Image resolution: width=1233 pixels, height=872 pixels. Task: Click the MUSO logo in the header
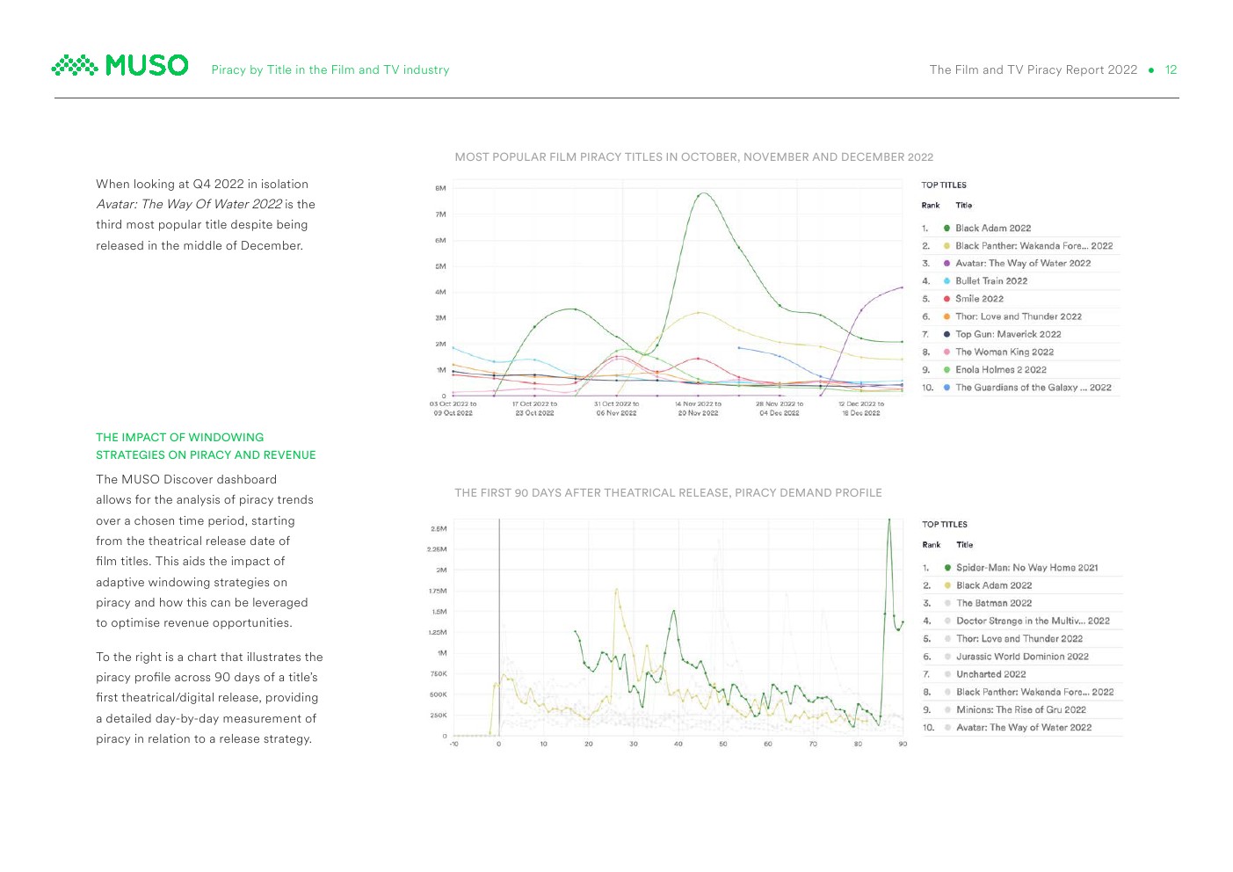coord(120,66)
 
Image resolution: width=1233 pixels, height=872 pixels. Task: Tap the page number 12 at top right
coord(1171,70)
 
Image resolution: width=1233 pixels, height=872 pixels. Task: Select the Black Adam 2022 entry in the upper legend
coord(992,229)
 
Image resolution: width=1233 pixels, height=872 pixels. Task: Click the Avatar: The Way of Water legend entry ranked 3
coord(1022,264)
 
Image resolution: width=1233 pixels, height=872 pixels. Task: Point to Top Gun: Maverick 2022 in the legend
coord(1007,334)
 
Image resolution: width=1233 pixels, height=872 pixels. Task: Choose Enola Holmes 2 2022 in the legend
coord(1000,370)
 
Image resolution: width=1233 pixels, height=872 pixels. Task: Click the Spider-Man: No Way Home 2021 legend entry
coord(1026,568)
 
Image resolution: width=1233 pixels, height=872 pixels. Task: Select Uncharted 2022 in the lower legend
coord(990,674)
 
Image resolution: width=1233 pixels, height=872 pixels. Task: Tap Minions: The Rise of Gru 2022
coord(1020,709)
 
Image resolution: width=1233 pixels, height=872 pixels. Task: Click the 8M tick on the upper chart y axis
coord(440,188)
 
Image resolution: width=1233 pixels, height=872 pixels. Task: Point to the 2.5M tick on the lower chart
coord(438,529)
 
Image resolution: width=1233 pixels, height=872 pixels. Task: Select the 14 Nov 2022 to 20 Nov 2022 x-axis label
coord(698,409)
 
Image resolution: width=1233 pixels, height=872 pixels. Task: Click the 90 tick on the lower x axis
coord(903,745)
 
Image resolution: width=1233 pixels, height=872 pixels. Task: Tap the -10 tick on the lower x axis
coord(453,745)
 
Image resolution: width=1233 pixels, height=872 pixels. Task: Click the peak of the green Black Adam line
coord(702,193)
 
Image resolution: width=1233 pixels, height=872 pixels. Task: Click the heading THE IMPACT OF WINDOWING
coord(179,438)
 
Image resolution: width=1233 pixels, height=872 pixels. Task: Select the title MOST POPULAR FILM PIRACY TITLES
coord(693,157)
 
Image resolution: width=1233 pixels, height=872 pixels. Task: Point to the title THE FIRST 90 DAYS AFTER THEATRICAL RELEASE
coord(668,493)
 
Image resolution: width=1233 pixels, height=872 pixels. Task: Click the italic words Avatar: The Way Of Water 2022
coord(189,205)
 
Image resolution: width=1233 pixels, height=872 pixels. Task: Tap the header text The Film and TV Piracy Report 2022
coord(1033,70)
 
